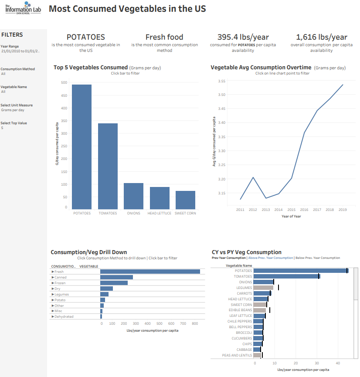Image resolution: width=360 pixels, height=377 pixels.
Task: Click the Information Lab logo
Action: pyautogui.click(x=24, y=8)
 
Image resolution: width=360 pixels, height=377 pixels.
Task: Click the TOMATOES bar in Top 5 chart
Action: pyautogui.click(x=108, y=166)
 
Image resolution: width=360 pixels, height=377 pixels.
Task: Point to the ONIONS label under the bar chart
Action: pyautogui.click(x=133, y=213)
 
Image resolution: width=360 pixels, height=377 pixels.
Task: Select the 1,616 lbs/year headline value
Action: pyautogui.click(x=321, y=37)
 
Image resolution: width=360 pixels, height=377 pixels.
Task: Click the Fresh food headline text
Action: pyautogui.click(x=164, y=37)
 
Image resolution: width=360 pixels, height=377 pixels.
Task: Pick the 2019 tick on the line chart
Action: pyautogui.click(x=343, y=210)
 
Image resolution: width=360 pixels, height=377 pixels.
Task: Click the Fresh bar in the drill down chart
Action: pyautogui.click(x=150, y=272)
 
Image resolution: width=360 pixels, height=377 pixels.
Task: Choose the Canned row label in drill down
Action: pyautogui.click(x=61, y=277)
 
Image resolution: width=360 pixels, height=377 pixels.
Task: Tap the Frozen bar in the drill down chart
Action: pyautogui.click(x=114, y=283)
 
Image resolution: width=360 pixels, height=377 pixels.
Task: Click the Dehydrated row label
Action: pyautogui.click(x=64, y=316)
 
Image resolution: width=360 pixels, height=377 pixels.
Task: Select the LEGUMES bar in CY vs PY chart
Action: pyautogui.click(x=263, y=288)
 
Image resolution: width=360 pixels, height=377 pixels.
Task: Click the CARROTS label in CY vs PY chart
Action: pyautogui.click(x=245, y=293)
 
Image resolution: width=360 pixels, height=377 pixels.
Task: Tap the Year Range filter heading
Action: pyautogui.click(x=10, y=46)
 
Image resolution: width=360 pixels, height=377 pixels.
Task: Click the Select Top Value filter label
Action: pyautogui.click(x=14, y=123)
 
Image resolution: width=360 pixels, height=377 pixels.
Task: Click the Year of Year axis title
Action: pyautogui.click(x=291, y=216)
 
